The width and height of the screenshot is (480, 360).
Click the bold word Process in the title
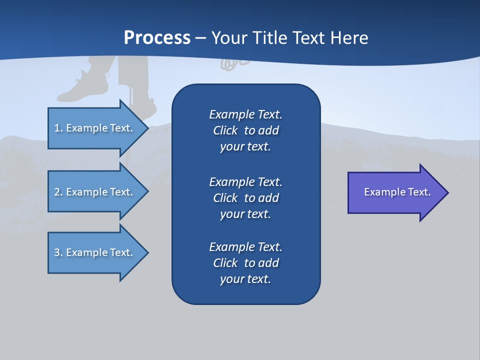[x=157, y=38]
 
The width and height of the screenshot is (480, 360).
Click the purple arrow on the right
[x=395, y=192]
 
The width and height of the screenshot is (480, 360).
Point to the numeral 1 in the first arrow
[x=57, y=128]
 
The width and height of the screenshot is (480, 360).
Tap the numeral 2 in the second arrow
[x=57, y=192]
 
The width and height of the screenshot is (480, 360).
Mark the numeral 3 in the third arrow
[x=57, y=252]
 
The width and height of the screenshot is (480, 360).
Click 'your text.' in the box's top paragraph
[x=245, y=147]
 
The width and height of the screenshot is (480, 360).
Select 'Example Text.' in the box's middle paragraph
[x=245, y=182]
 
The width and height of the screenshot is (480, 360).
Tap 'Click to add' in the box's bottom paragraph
[x=245, y=263]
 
